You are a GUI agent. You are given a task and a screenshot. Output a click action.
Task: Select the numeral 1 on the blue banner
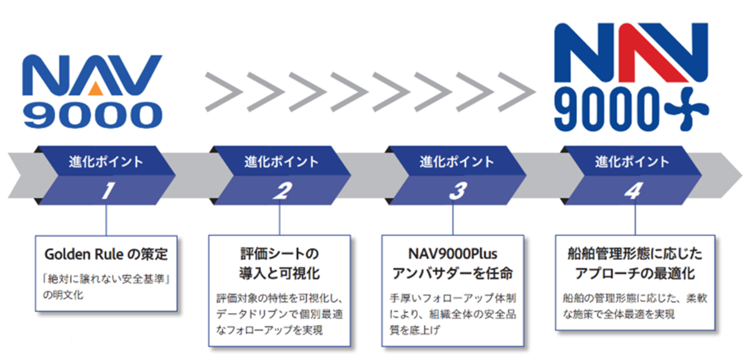[x=107, y=191]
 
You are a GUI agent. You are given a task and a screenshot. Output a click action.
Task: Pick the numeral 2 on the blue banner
[x=282, y=191]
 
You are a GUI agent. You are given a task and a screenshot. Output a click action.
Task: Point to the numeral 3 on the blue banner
[x=457, y=191]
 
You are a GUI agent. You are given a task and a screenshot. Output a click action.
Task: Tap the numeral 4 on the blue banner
[x=632, y=191]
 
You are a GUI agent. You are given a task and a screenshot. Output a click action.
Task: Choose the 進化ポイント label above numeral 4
[x=632, y=162]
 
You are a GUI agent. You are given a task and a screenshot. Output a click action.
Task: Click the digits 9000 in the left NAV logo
[x=94, y=116]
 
